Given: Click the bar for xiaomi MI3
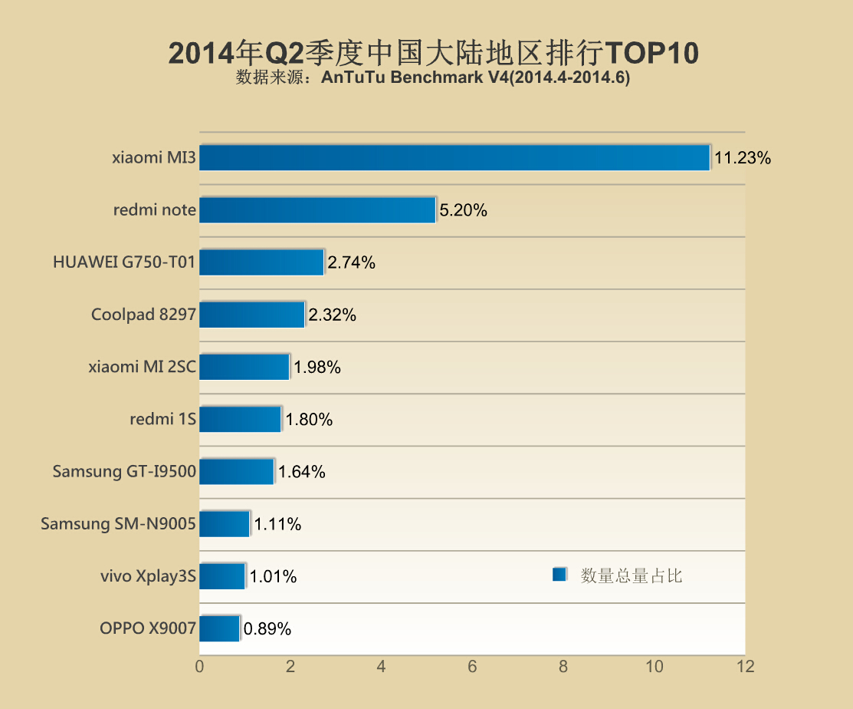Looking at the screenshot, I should point(454,157).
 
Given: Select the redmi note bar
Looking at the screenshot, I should point(317,209).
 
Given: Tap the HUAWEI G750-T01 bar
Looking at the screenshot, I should point(261,262).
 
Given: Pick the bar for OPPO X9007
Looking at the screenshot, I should point(219,628).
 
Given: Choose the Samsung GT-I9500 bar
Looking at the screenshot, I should point(237,472).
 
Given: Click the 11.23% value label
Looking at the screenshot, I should point(742,159).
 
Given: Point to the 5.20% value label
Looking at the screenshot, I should point(463,210).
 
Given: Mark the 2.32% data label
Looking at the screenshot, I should point(332,315).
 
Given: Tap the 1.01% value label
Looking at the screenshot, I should point(273,577).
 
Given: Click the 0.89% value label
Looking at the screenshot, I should point(267,629).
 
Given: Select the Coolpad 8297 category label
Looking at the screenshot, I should point(143,315).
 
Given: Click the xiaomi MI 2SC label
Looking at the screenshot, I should point(142,367).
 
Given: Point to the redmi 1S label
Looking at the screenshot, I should point(162,419).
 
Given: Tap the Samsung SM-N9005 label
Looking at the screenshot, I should point(118,524).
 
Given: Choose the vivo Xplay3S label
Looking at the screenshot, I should point(148,576).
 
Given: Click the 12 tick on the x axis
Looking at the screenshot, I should point(745,667).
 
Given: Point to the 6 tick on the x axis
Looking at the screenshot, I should point(472,667).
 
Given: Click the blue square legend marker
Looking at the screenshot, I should point(559,575).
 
